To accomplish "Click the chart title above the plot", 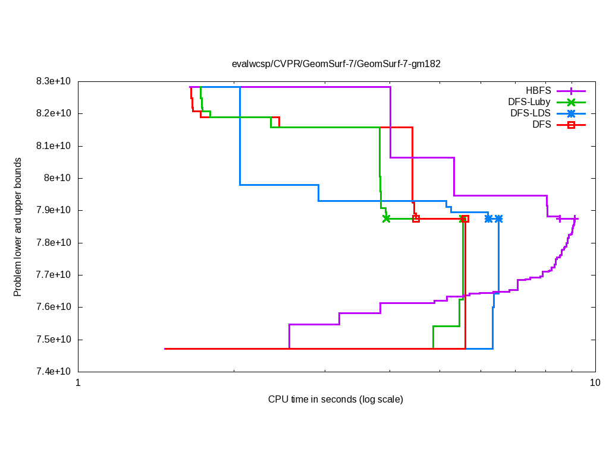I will [x=336, y=64].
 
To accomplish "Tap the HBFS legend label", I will [x=538, y=91].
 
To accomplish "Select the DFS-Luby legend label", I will [x=529, y=102].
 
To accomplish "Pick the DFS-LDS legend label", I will [x=530, y=113].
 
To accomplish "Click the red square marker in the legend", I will [x=571, y=125].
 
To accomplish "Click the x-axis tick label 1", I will [x=78, y=383].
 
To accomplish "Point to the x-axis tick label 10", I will [x=595, y=383].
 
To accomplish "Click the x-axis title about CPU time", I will [x=335, y=399].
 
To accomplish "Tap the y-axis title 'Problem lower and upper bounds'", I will [x=18, y=227].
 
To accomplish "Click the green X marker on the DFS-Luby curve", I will [x=387, y=218].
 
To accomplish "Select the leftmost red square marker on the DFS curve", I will [x=416, y=218].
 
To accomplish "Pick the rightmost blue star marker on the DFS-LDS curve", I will [x=498, y=218].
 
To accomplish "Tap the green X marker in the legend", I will [x=571, y=102].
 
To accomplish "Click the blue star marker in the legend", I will [x=571, y=113].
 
